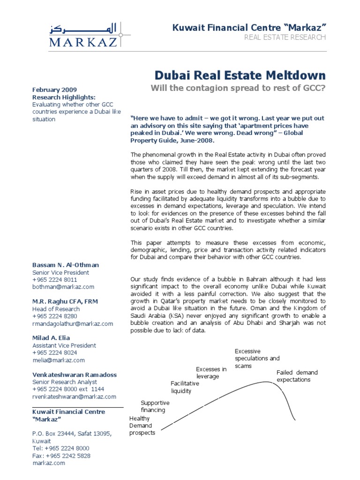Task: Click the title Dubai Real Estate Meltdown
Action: [240, 75]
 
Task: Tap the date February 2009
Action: [54, 90]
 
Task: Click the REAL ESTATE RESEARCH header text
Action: [285, 37]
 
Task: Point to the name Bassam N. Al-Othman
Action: [66, 265]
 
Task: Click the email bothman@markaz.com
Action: [63, 286]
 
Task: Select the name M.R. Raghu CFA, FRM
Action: [65, 301]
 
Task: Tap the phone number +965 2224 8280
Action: [55, 316]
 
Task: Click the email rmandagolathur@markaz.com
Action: [73, 323]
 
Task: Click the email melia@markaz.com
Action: [59, 360]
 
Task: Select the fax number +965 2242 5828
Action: [61, 455]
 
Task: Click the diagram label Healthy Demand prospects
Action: [142, 426]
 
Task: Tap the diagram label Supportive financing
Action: [155, 406]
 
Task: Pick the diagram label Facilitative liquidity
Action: [185, 387]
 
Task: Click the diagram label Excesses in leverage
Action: [211, 373]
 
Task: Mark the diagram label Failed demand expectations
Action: [297, 376]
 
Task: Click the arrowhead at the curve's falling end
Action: [294, 419]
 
